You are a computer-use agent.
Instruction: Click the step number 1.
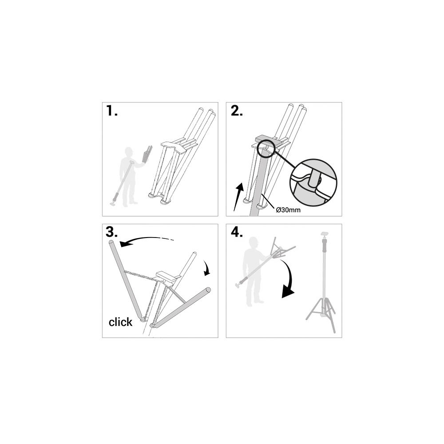111,111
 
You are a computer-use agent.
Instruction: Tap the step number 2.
237,111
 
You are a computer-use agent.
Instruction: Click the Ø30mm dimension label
288,210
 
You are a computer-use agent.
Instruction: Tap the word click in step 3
120,322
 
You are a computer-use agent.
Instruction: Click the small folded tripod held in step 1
147,155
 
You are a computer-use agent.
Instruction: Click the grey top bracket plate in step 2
269,139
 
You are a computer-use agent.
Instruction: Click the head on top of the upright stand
324,235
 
